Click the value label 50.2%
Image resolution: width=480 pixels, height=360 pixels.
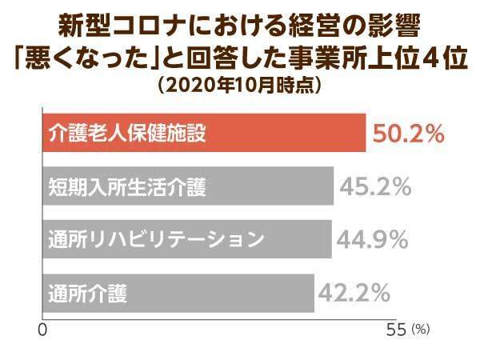[406, 134]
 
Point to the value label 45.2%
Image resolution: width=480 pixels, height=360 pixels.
[375, 187]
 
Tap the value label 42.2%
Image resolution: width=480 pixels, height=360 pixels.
[355, 291]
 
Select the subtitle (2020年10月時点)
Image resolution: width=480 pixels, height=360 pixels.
[239, 86]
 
